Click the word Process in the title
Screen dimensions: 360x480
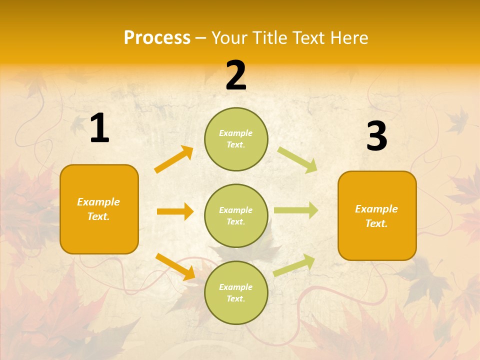coord(157,38)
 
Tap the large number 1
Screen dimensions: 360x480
coord(99,128)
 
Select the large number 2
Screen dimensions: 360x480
coord(236,75)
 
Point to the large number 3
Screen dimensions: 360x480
coord(376,136)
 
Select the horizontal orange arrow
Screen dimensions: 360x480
coord(175,211)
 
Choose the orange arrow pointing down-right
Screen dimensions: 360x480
coord(175,266)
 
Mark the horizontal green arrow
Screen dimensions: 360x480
coord(295,210)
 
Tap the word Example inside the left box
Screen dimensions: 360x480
coord(98,202)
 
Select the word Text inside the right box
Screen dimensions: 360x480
coord(375,224)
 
